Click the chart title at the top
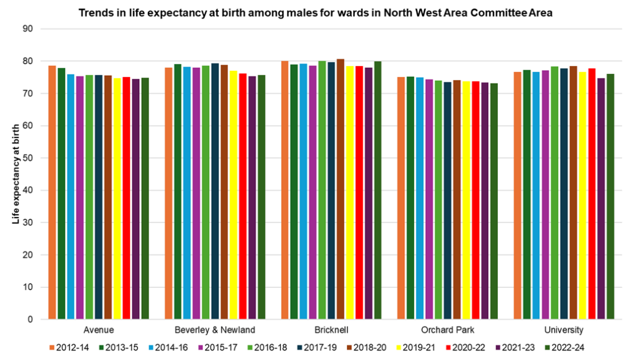coord(315,12)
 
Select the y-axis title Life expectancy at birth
coord(16,174)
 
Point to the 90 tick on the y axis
coord(28,29)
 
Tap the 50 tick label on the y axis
coord(28,158)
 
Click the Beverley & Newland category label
coord(214,330)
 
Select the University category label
coord(564,330)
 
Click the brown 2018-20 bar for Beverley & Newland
coord(224,192)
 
